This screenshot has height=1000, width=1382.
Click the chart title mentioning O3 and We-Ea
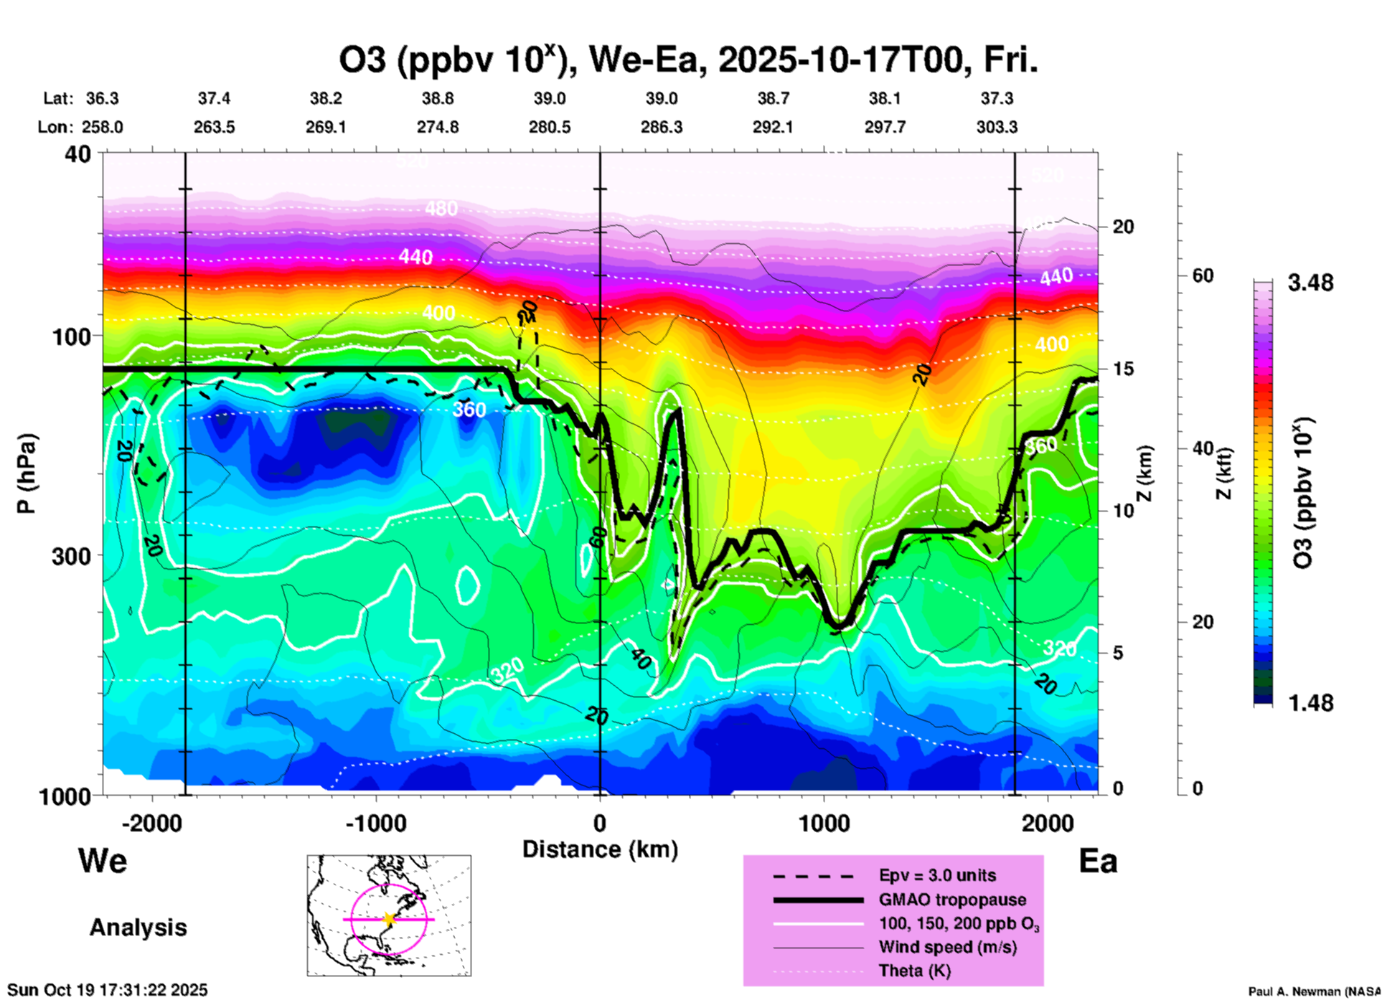click(x=688, y=60)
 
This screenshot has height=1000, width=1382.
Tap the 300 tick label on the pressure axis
click(x=70, y=556)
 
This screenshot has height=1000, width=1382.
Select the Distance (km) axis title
click(x=600, y=849)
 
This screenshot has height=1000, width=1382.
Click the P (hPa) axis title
click(x=27, y=473)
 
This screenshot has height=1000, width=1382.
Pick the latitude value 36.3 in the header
click(x=102, y=98)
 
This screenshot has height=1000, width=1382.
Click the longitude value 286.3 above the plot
click(x=661, y=127)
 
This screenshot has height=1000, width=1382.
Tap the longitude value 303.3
click(x=997, y=127)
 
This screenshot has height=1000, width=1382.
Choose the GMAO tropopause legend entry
click(x=952, y=900)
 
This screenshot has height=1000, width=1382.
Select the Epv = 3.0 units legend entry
click(x=937, y=875)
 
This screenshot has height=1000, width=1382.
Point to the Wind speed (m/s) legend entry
click(x=947, y=947)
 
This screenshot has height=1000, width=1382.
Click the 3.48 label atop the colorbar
click(x=1310, y=283)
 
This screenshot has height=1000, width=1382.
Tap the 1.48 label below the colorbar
click(x=1310, y=702)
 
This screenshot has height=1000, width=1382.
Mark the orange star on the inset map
click(x=389, y=919)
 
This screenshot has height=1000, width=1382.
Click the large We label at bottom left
click(x=103, y=860)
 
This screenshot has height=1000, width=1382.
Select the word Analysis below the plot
click(x=138, y=927)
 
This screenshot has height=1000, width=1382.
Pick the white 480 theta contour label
click(x=441, y=209)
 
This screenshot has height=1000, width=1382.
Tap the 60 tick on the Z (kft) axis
click(x=1203, y=275)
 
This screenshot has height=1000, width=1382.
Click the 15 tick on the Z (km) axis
click(x=1123, y=369)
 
